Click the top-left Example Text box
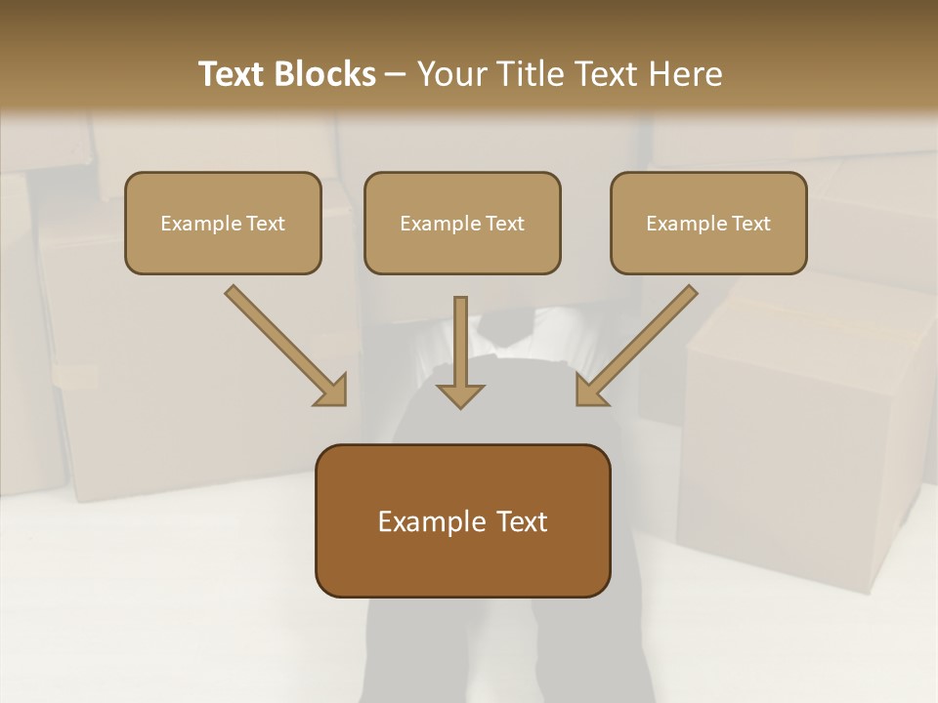pyautogui.click(x=223, y=223)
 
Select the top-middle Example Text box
pyautogui.click(x=462, y=223)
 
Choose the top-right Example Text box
pyautogui.click(x=708, y=223)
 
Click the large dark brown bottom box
pyautogui.click(x=463, y=520)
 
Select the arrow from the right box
pyautogui.click(x=640, y=343)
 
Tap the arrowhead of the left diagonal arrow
pyautogui.click(x=332, y=391)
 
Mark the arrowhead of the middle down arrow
pyautogui.click(x=460, y=394)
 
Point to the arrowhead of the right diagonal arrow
pyautogui.click(x=591, y=391)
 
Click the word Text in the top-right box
pyautogui.click(x=750, y=223)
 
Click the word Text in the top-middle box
pyautogui.click(x=504, y=223)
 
